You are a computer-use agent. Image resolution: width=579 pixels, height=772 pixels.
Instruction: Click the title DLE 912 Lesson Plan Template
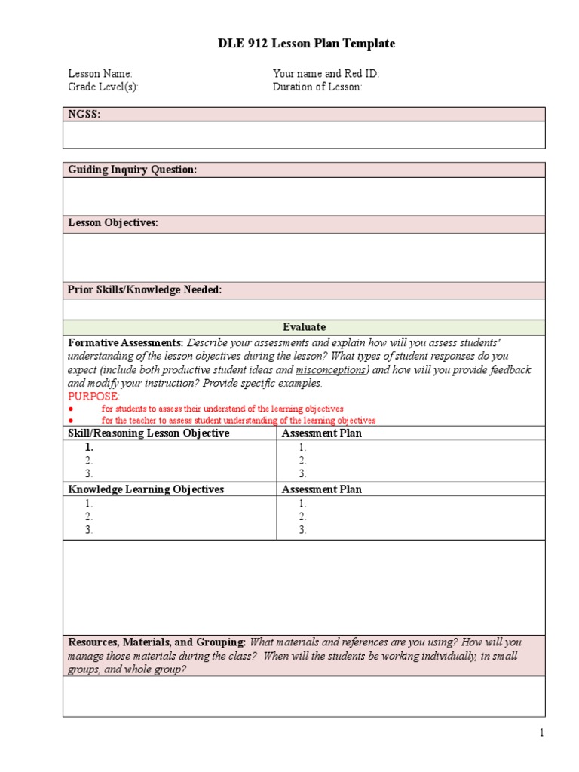pos(306,44)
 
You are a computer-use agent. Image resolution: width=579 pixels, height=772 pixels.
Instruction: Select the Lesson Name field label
pos(100,74)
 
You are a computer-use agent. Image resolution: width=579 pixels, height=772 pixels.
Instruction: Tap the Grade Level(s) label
pos(103,87)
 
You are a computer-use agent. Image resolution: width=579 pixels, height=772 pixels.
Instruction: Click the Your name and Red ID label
pos(326,74)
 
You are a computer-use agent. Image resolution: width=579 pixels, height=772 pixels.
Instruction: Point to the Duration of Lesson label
pos(317,87)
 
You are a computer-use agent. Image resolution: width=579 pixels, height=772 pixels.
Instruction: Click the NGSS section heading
pos(84,115)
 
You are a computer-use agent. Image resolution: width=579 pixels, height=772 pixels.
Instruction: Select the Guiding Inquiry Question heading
pos(133,170)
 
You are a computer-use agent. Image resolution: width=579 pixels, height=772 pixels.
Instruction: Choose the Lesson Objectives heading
pos(113,223)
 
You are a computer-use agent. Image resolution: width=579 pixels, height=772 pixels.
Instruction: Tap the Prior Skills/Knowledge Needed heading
pos(145,290)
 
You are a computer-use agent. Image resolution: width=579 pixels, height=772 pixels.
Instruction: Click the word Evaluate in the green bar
pos(305,327)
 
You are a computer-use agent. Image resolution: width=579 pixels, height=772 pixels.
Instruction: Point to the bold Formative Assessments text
pos(126,342)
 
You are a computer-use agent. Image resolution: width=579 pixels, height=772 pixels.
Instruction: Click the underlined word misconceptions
pos(330,369)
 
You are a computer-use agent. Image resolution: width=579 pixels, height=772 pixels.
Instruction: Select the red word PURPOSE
pos(94,397)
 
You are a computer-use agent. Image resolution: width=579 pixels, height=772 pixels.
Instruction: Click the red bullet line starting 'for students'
pos(222,409)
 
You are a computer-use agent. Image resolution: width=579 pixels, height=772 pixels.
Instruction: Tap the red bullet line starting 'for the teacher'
pos(238,421)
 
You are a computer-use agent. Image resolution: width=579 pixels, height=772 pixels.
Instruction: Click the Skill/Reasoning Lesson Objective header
pos(149,433)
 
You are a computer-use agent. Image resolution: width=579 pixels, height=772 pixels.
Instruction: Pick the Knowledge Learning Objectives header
pos(146,489)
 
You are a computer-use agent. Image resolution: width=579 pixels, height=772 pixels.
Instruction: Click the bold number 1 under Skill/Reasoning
pos(89,447)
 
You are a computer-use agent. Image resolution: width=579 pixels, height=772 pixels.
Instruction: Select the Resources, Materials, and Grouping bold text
pos(157,642)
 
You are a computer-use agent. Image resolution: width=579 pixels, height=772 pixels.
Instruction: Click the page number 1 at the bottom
pos(541,733)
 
